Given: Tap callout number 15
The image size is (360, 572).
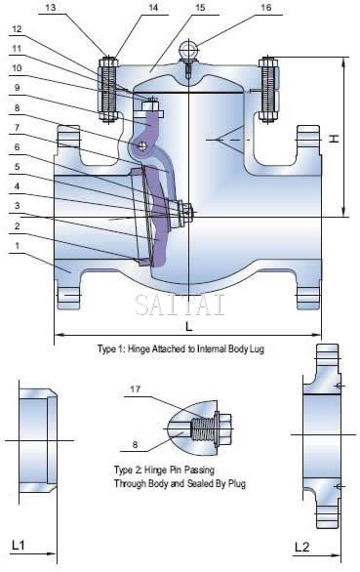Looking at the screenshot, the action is [200, 8].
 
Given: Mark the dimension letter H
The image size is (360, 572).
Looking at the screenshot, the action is [334, 139].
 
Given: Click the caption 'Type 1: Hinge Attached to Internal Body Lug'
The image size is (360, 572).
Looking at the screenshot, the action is [181, 347].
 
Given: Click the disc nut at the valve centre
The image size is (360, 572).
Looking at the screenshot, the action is [183, 210].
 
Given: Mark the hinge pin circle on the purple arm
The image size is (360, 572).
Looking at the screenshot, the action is [142, 146].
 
